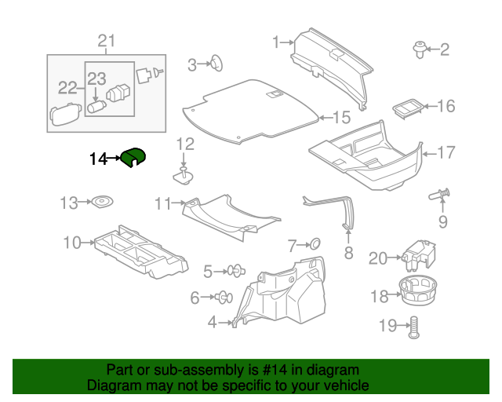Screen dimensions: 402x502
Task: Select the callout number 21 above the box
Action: point(106,41)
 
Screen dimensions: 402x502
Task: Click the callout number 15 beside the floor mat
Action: point(340,118)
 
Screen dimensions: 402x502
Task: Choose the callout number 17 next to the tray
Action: point(446,153)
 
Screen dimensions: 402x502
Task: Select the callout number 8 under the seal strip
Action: point(349,253)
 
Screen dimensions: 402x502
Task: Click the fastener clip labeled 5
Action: point(235,272)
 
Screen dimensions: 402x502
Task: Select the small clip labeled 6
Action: point(223,297)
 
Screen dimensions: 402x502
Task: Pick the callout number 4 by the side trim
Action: point(213,322)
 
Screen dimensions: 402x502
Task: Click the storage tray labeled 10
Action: point(141,251)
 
